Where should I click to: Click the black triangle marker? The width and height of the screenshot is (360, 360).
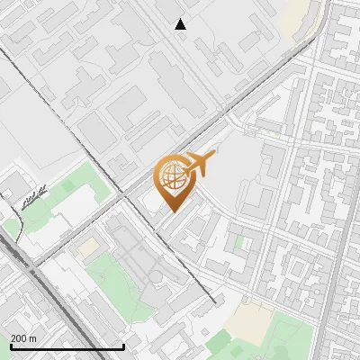click(181, 24)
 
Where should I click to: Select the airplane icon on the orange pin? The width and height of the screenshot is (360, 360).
click(200, 165)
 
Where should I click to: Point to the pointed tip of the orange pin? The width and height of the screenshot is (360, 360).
click(172, 211)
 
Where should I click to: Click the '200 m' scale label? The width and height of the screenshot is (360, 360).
click(23, 337)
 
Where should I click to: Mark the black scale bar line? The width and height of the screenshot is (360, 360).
click(67, 346)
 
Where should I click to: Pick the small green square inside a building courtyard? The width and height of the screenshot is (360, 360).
click(239, 242)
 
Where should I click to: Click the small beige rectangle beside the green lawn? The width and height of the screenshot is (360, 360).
click(87, 246)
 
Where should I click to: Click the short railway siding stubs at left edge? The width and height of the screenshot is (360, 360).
click(31, 197)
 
